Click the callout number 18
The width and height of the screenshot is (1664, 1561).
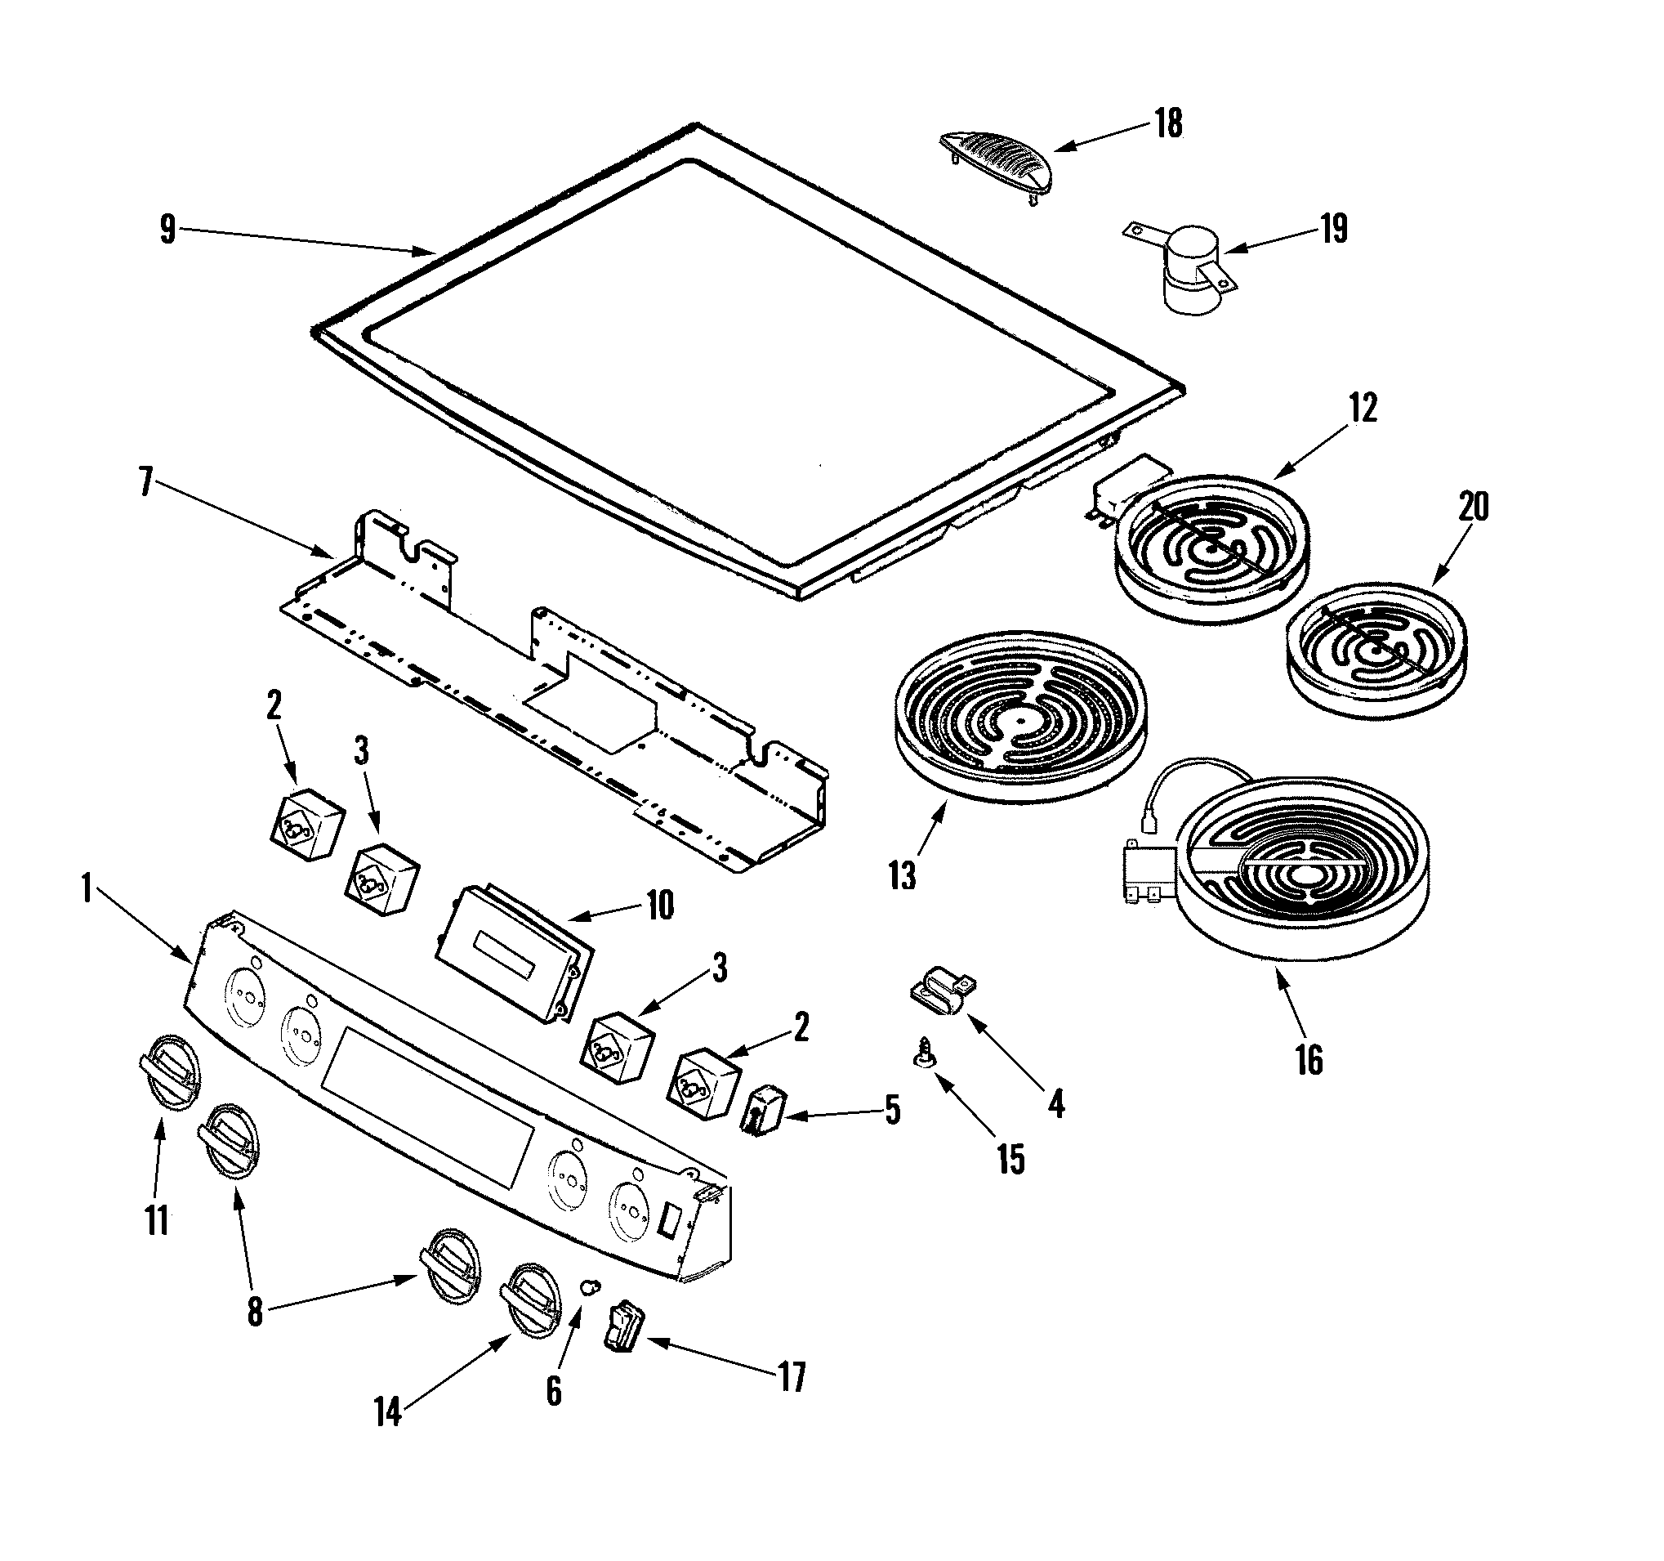point(1168,123)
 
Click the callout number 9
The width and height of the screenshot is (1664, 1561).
point(168,229)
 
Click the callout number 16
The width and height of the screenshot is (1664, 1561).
point(1309,1060)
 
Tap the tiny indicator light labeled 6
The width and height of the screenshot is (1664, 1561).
point(591,1286)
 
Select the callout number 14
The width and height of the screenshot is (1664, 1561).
point(387,1413)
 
